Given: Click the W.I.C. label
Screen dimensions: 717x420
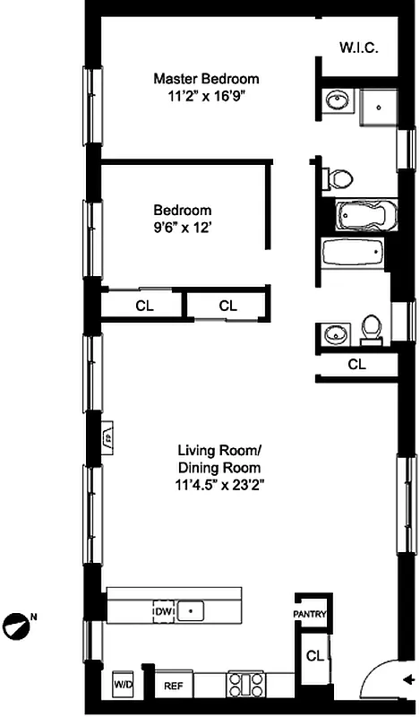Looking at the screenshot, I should (358, 47).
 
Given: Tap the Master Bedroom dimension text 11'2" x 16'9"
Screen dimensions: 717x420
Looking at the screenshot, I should (205, 94).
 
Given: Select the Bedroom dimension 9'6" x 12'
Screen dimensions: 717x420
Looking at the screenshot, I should (181, 229).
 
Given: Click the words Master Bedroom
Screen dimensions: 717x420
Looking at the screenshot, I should (205, 78).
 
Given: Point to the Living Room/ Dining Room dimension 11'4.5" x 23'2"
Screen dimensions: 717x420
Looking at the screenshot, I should (219, 484).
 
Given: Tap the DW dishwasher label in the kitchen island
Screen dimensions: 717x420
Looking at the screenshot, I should (163, 611).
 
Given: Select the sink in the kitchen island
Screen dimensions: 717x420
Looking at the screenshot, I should (189, 611).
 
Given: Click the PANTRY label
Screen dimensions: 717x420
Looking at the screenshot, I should (311, 614).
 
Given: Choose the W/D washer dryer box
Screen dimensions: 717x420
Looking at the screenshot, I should (121, 685).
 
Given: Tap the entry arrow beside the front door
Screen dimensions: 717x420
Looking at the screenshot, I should (408, 678).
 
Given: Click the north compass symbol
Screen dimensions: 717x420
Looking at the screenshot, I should (18, 620).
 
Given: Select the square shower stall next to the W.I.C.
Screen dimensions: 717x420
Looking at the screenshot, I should (379, 108).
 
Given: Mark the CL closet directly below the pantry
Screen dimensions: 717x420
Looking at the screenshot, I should (313, 656).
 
